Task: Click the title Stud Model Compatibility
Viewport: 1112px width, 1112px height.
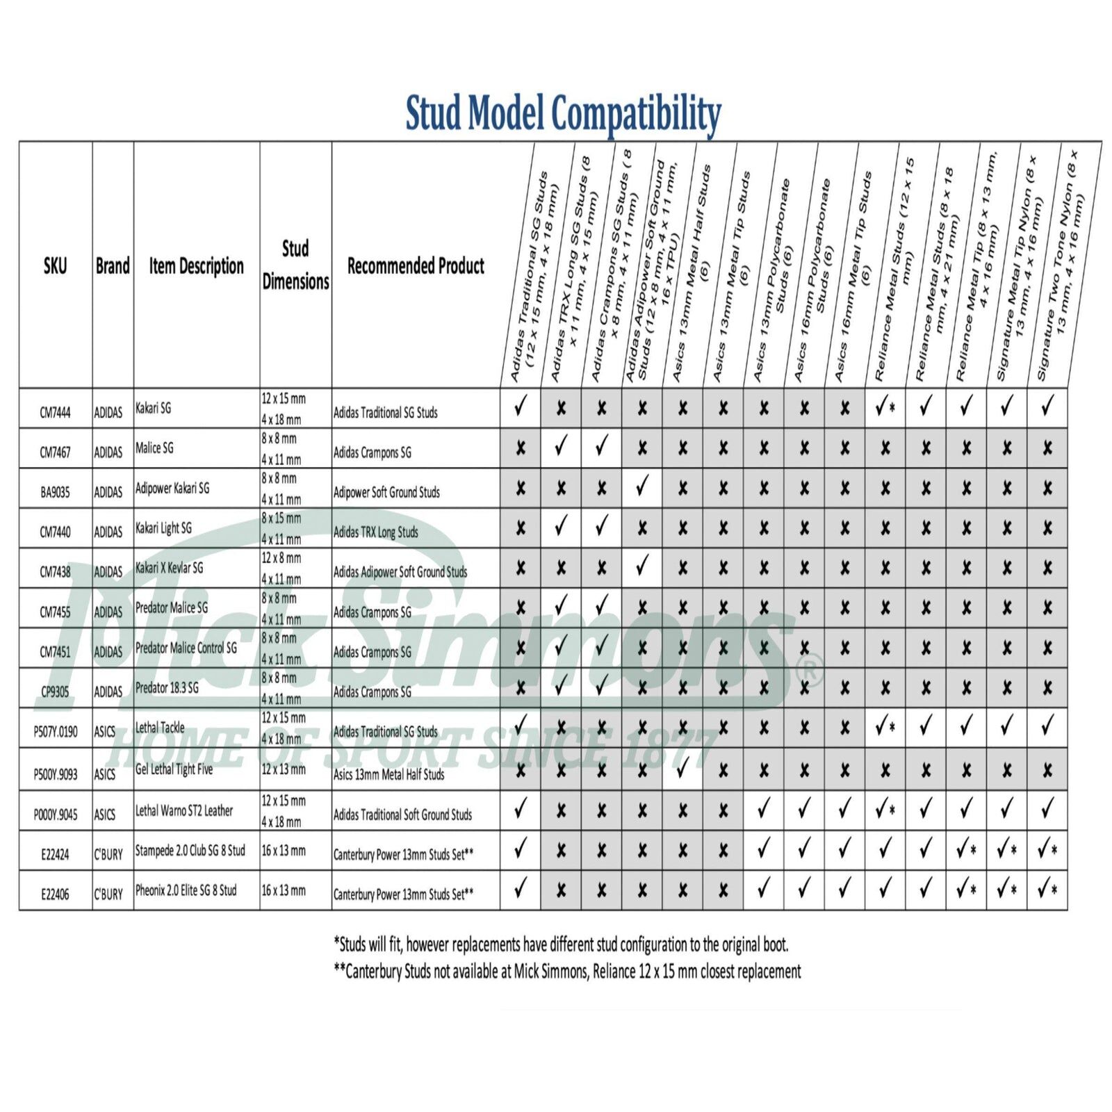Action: pos(563,114)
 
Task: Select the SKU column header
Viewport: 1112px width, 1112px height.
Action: pos(55,265)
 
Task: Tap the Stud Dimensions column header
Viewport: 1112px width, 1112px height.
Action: pos(295,265)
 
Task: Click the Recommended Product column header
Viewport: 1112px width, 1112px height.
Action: pos(416,265)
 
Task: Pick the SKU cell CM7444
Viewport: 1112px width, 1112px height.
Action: pos(55,413)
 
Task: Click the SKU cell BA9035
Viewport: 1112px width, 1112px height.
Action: pos(55,493)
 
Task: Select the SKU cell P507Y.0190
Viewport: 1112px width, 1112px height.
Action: pos(56,732)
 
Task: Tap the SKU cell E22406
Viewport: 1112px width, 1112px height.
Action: pos(55,894)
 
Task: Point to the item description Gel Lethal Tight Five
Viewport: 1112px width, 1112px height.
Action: pos(174,769)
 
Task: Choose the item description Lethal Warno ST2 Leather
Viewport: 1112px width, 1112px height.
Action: pos(184,810)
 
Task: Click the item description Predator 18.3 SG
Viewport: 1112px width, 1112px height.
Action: pos(167,687)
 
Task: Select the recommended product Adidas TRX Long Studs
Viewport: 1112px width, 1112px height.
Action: pos(376,532)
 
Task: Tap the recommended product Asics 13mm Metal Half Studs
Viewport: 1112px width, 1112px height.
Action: pos(389,774)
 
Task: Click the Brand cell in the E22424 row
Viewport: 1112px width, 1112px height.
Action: pos(108,854)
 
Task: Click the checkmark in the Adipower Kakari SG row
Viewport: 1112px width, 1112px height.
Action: pos(642,486)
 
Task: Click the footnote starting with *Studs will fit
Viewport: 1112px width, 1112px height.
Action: pos(561,945)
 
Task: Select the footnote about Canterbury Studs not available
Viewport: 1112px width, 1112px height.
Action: pos(567,972)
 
